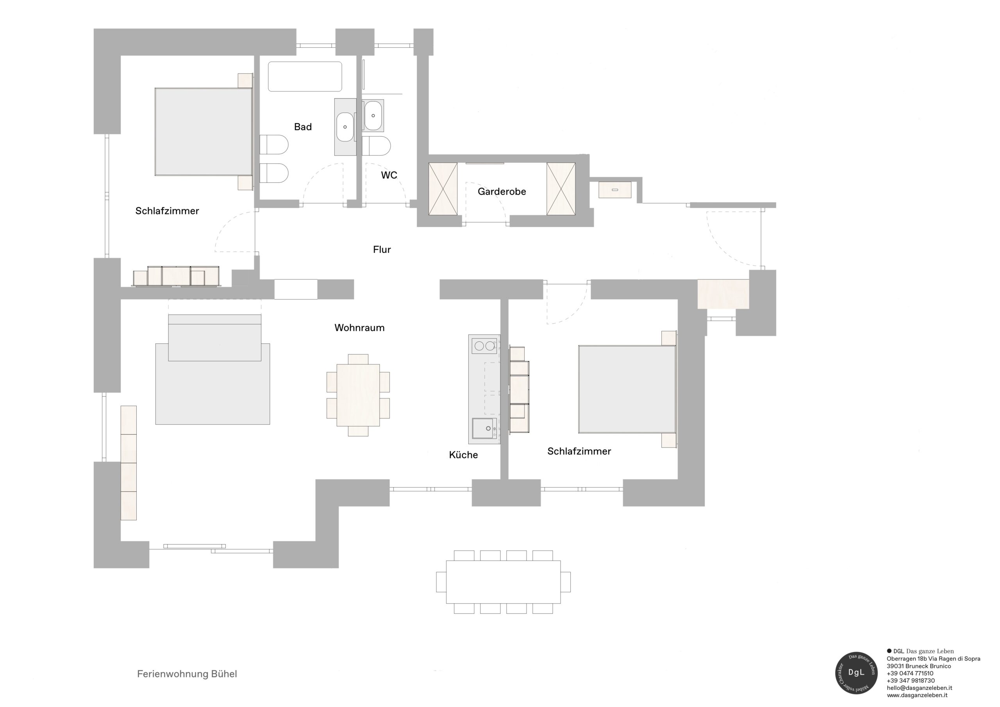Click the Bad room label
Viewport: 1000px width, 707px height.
click(x=303, y=127)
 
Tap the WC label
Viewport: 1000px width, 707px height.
click(x=389, y=175)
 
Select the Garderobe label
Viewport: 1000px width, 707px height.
click(x=502, y=192)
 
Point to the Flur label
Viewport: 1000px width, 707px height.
click(x=382, y=250)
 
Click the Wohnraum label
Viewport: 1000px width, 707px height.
click(x=359, y=328)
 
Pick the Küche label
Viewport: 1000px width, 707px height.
click(x=463, y=455)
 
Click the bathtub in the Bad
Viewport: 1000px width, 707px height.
click(x=305, y=77)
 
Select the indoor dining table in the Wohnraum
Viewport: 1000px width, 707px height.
click(x=358, y=395)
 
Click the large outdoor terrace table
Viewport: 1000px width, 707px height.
click(x=503, y=582)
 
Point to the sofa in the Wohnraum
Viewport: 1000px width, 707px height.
click(x=215, y=337)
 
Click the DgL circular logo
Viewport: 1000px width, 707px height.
click(x=856, y=673)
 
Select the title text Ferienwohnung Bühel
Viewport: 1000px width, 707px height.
click(x=187, y=674)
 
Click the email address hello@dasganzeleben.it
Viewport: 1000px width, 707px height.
click(x=920, y=688)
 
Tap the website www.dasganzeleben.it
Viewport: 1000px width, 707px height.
click(x=917, y=695)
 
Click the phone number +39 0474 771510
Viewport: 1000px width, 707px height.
click(x=910, y=673)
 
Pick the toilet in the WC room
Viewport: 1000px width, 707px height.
click(x=376, y=146)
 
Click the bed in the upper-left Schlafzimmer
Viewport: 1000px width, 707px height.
click(x=204, y=132)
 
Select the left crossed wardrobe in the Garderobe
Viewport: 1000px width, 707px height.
click(x=443, y=189)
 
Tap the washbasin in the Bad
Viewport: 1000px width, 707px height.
click(x=345, y=127)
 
